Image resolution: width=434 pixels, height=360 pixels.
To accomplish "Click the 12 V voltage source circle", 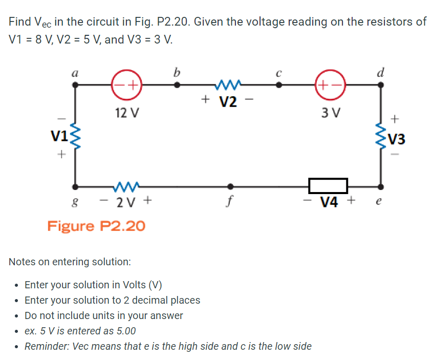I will (x=126, y=85).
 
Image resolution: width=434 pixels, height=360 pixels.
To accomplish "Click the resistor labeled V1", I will (x=75, y=136).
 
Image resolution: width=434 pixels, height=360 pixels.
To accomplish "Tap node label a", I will (x=75, y=72).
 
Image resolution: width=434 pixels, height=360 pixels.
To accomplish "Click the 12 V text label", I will (x=125, y=111).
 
